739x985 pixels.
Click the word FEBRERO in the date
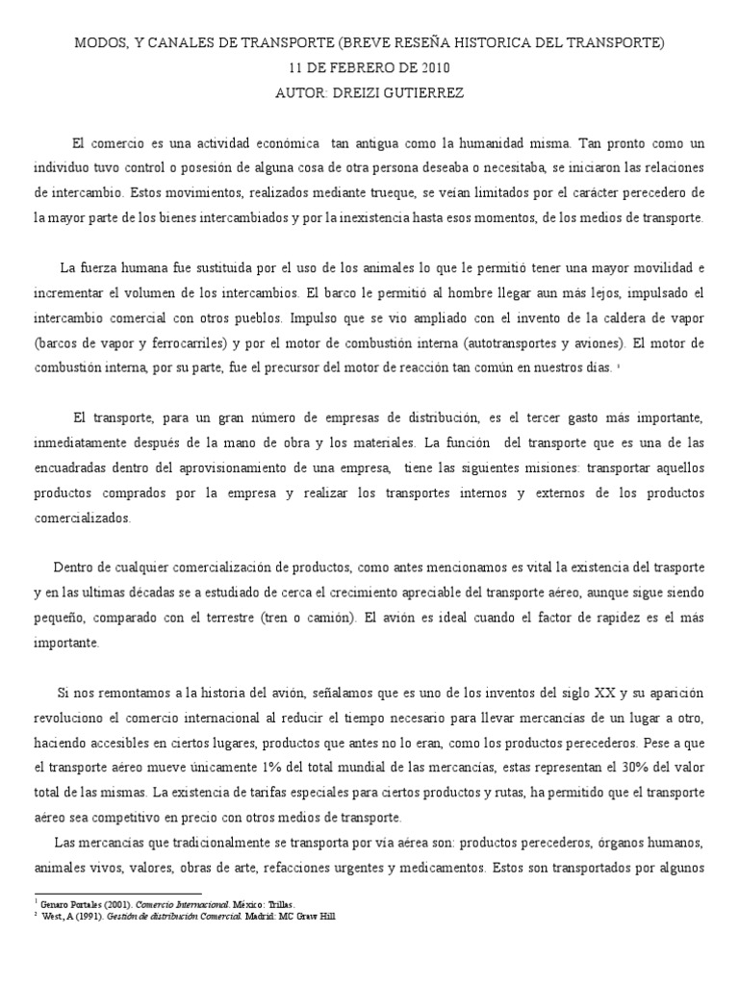[x=352, y=68]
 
